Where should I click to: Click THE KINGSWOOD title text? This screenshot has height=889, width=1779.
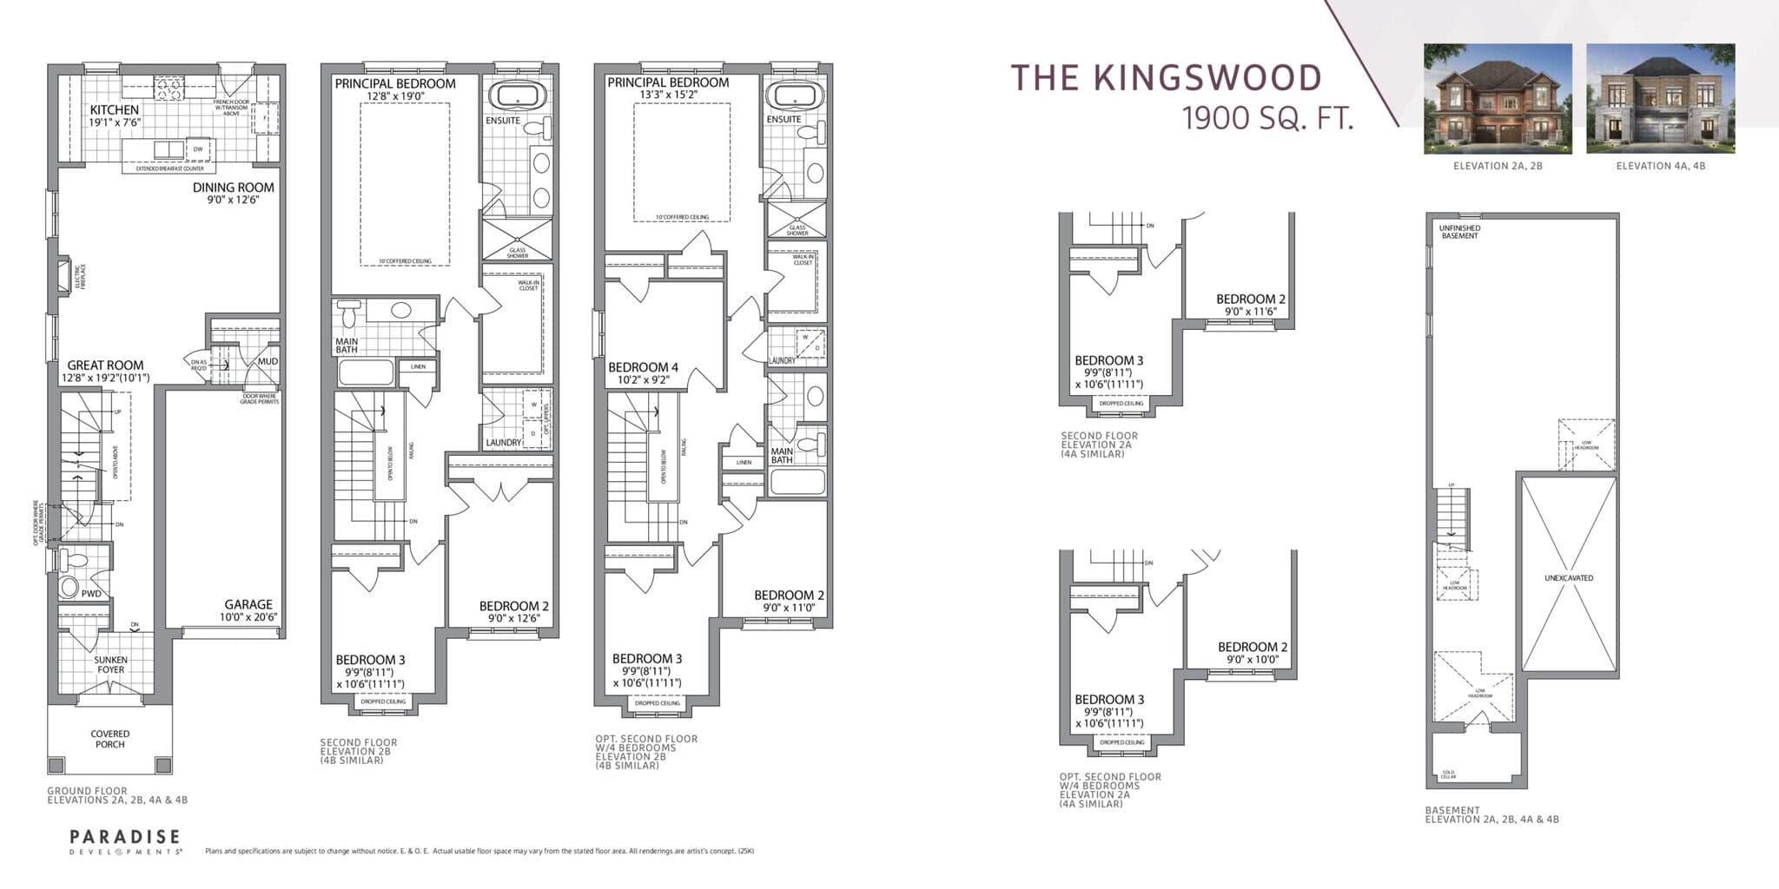(x=1166, y=77)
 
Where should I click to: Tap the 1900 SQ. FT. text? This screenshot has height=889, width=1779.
(x=1267, y=117)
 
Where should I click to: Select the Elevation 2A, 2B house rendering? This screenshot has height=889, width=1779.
(x=1498, y=98)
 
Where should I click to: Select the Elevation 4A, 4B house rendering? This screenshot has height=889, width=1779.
(x=1660, y=98)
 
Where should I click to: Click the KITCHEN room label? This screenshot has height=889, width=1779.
(x=114, y=110)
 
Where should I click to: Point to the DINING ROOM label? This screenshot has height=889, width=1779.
(x=233, y=187)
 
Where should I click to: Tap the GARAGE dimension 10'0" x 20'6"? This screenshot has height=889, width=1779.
(x=248, y=618)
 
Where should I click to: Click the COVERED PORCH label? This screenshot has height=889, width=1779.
(x=109, y=739)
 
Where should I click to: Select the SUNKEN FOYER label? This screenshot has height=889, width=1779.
(x=110, y=664)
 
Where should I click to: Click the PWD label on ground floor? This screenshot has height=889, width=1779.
(x=91, y=594)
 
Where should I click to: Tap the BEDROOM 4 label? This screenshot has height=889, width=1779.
(x=644, y=367)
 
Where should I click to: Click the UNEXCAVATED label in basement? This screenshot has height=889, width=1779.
(x=1569, y=577)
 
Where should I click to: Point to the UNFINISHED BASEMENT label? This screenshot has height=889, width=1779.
(x=1459, y=232)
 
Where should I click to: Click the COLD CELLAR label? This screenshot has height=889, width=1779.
(x=1448, y=774)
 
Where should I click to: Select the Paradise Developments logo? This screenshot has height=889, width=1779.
(x=125, y=841)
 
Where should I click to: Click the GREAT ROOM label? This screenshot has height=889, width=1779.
(x=105, y=365)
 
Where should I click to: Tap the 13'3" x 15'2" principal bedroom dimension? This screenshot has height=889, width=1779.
(x=668, y=95)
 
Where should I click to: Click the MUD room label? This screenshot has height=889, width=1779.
(x=268, y=361)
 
